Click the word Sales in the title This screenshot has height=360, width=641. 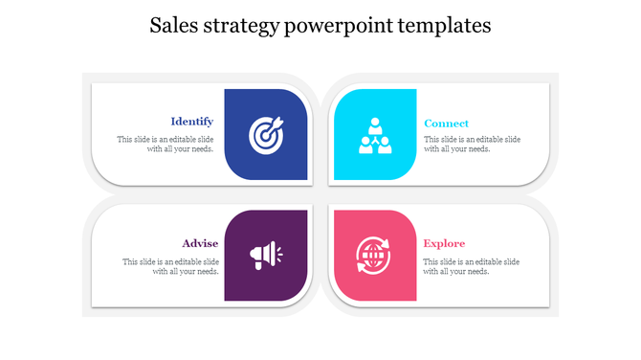click(x=173, y=26)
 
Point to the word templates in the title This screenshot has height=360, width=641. click(x=443, y=26)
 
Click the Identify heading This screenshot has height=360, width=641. click(x=191, y=122)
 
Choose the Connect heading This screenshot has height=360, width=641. click(x=446, y=124)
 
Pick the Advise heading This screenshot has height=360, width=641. click(x=200, y=243)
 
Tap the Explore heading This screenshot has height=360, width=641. click(x=444, y=243)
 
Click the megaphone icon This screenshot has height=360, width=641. click(x=265, y=255)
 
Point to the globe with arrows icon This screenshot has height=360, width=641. click(x=373, y=255)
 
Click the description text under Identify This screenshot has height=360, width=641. click(x=166, y=144)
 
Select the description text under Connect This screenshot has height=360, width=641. click(x=473, y=144)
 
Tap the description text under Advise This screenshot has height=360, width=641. click(x=170, y=266)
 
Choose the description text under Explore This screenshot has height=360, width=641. click(x=473, y=266)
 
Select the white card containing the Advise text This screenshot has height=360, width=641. click(x=144, y=287)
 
